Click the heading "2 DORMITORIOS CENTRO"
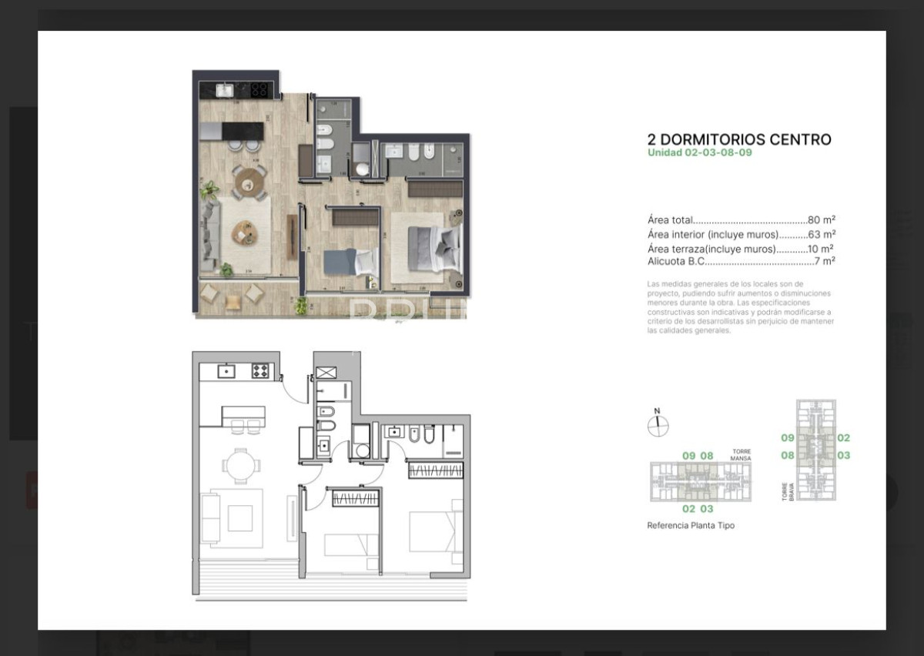739,139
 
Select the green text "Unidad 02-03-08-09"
699,152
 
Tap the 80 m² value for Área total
821,220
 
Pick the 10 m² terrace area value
820,249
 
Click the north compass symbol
658,425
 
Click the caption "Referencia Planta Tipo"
691,525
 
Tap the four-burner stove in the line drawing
261,371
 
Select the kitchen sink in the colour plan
224,91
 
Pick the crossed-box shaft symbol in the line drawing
326,373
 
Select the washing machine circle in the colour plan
360,167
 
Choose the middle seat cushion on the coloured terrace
231,303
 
